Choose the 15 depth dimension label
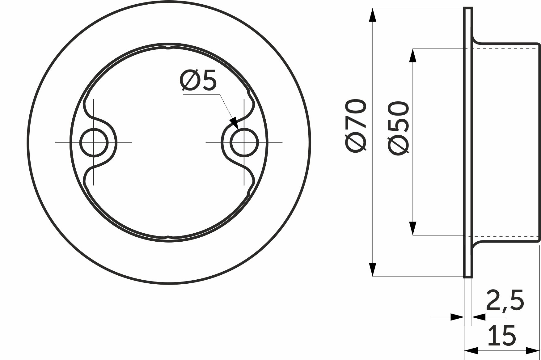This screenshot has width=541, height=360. click(x=502, y=336)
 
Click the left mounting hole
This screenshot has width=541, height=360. click(x=94, y=142)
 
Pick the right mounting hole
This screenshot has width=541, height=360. click(x=244, y=142)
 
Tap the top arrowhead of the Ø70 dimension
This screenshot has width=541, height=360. click(x=373, y=15)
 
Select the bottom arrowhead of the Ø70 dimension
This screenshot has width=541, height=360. click(x=373, y=269)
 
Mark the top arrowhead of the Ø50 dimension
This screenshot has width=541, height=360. click(x=413, y=56)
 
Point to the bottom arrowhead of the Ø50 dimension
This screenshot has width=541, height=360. click(x=413, y=228)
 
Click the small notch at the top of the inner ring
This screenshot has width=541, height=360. click(x=168, y=48)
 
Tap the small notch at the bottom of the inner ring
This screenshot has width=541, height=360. click(x=168, y=237)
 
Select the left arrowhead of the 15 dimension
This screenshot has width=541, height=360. click(x=471, y=351)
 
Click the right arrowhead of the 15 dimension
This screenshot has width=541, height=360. click(x=533, y=351)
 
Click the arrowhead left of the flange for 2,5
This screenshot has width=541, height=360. click(x=458, y=317)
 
